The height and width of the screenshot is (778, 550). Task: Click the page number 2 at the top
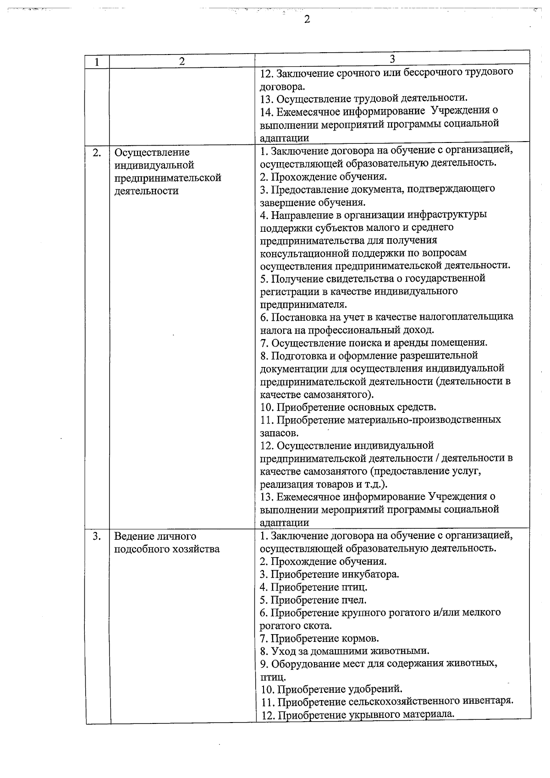point(307,19)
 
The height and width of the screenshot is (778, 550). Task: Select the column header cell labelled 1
point(97,62)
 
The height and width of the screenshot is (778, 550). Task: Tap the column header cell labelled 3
point(392,59)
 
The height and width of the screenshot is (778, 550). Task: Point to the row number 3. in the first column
point(97,537)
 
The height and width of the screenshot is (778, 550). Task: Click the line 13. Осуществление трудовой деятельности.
point(364,98)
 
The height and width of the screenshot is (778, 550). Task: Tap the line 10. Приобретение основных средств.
point(348,407)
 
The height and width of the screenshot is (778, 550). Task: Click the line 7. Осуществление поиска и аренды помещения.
point(374,343)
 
